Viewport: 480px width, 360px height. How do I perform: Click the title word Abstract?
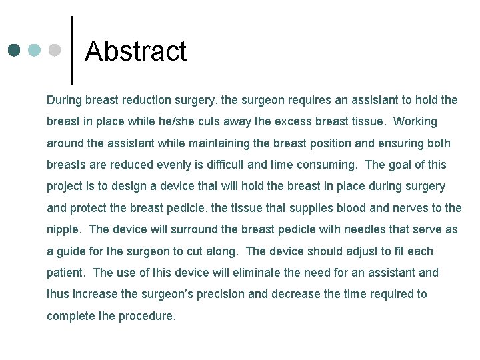[136, 51]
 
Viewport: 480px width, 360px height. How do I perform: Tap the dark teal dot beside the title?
[15, 51]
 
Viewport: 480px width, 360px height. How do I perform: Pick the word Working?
[415, 121]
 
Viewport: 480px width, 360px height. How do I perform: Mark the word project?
[65, 186]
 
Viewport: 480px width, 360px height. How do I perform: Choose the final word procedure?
[147, 316]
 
